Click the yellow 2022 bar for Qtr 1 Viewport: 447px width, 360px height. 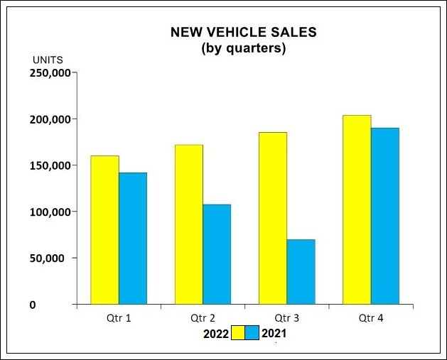coord(104,229)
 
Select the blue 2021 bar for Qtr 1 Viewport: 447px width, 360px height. coord(132,238)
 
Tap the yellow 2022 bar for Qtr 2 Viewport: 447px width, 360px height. coord(188,224)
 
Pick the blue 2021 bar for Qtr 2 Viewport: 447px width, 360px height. coord(216,254)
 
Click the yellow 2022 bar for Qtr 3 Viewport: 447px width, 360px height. coord(273,218)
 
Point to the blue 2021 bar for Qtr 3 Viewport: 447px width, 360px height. coord(301,272)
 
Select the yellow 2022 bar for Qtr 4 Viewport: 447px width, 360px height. coord(357,209)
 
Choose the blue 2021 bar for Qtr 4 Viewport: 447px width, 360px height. coord(384,216)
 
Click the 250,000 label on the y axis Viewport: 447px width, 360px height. coord(49,72)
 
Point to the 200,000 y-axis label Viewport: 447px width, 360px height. coord(49,119)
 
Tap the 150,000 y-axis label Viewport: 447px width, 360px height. coord(49,165)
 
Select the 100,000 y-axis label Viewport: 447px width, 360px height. coord(49,212)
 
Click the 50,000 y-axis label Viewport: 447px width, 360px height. coord(52,258)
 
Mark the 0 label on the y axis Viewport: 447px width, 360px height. coord(33,305)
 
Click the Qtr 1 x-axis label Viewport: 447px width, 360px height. coord(118,318)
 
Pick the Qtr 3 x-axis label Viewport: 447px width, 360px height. coord(286,318)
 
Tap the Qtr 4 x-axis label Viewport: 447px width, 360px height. coord(371,318)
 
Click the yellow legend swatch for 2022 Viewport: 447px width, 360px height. coord(238,332)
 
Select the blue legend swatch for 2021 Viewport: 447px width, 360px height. coord(252,332)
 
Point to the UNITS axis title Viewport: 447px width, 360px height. coord(48,60)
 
